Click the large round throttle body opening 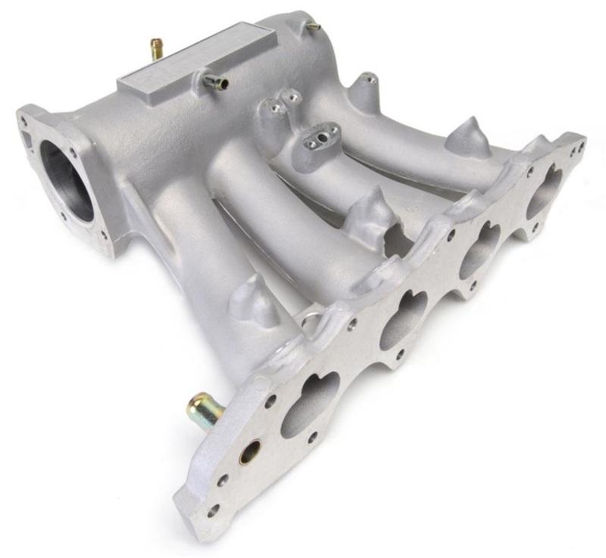tap(67, 179)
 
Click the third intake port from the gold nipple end tap(479, 250)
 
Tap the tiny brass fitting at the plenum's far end tap(313, 26)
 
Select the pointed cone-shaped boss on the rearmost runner tap(465, 136)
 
